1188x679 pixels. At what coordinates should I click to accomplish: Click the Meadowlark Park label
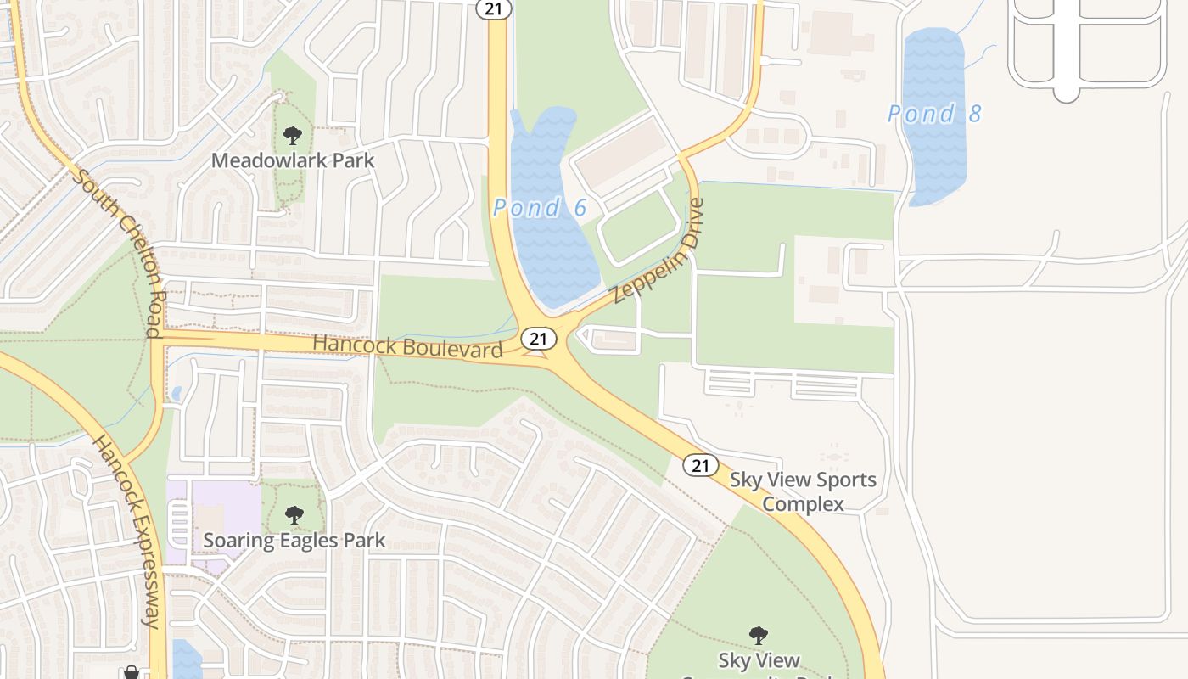293,160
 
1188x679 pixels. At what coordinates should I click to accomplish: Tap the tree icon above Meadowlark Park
293,134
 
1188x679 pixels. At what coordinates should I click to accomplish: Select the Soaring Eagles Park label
294,540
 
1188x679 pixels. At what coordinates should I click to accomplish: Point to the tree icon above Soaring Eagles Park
294,514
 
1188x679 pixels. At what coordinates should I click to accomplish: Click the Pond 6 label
540,206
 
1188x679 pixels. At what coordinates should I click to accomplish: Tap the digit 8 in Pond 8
972,113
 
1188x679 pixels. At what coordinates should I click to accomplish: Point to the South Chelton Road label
119,251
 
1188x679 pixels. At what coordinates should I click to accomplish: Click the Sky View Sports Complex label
803,491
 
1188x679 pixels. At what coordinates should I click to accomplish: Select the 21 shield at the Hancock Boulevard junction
537,338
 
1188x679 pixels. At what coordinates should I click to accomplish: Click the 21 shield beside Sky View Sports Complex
700,464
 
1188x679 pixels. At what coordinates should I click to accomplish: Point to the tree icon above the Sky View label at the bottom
758,635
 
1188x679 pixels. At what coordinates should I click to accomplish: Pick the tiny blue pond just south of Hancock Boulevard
177,393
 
